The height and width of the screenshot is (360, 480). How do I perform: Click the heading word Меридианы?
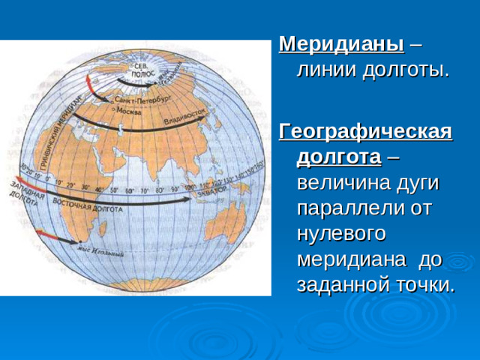(x=341, y=43)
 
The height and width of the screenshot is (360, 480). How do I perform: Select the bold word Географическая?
(x=365, y=132)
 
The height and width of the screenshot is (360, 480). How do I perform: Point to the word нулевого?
(x=341, y=233)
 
